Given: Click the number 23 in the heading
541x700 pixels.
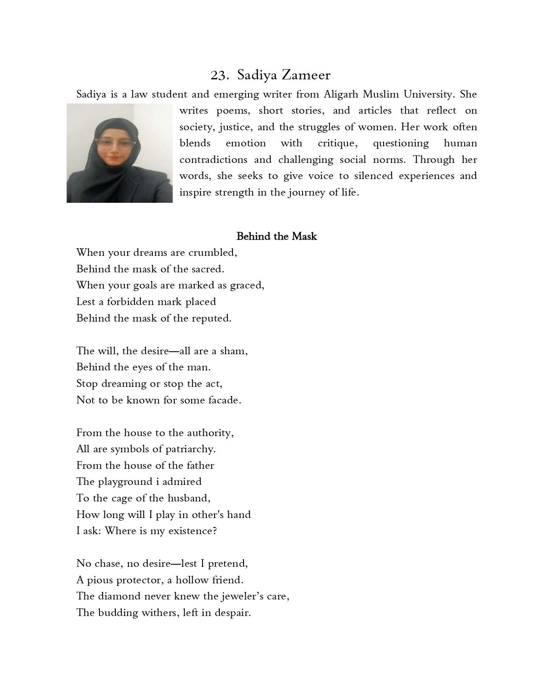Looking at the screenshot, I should [x=219, y=76].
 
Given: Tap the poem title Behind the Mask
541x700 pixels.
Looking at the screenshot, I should [x=276, y=236].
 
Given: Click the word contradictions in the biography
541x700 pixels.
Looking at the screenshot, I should [x=213, y=160].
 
